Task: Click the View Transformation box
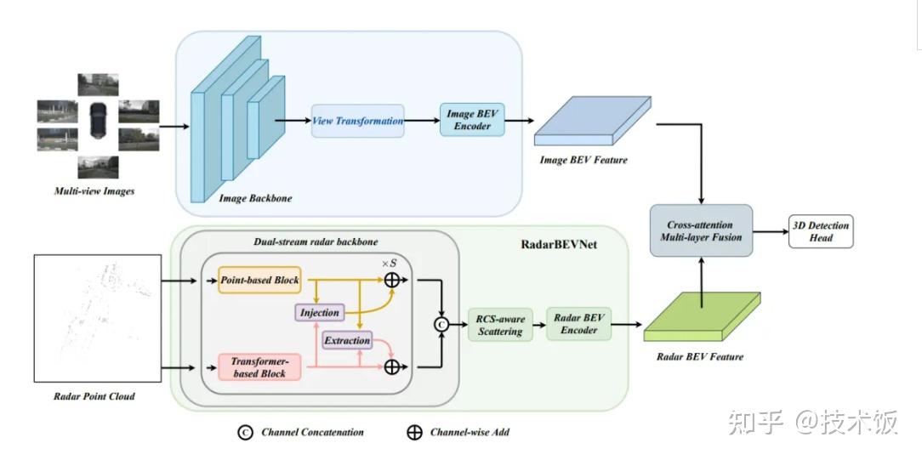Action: tap(357, 121)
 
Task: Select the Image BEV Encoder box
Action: tap(472, 121)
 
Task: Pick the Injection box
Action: tap(320, 312)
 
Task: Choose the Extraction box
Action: tap(347, 340)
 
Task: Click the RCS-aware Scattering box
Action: tap(500, 325)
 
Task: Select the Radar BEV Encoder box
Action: tap(579, 324)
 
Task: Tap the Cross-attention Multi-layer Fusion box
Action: tap(701, 230)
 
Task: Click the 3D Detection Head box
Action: tap(819, 231)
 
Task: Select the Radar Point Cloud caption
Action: tap(94, 396)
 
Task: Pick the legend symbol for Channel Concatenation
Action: tap(245, 432)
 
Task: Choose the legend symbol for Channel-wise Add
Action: tap(414, 432)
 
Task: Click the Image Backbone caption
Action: tap(255, 198)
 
